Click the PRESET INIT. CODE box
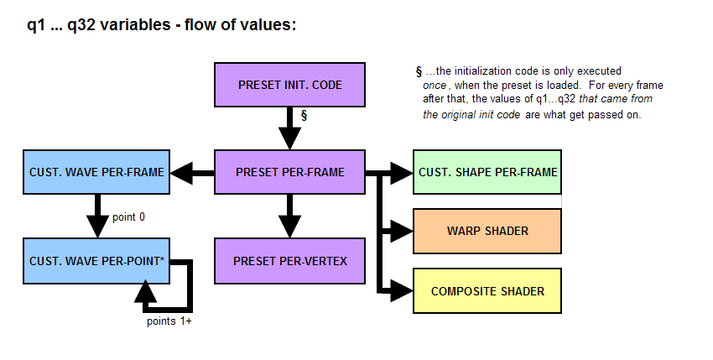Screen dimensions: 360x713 (289, 85)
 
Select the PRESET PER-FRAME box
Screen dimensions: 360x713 (289, 173)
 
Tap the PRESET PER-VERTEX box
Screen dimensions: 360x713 (289, 260)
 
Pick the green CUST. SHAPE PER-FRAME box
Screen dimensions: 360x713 (487, 173)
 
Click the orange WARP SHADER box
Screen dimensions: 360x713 (487, 231)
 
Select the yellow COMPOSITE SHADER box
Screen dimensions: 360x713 (487, 291)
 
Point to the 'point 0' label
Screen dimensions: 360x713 (128, 217)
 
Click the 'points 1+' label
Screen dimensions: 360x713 (169, 321)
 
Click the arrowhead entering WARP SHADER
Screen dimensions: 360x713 (403, 231)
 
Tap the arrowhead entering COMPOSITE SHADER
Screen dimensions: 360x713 (403, 291)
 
